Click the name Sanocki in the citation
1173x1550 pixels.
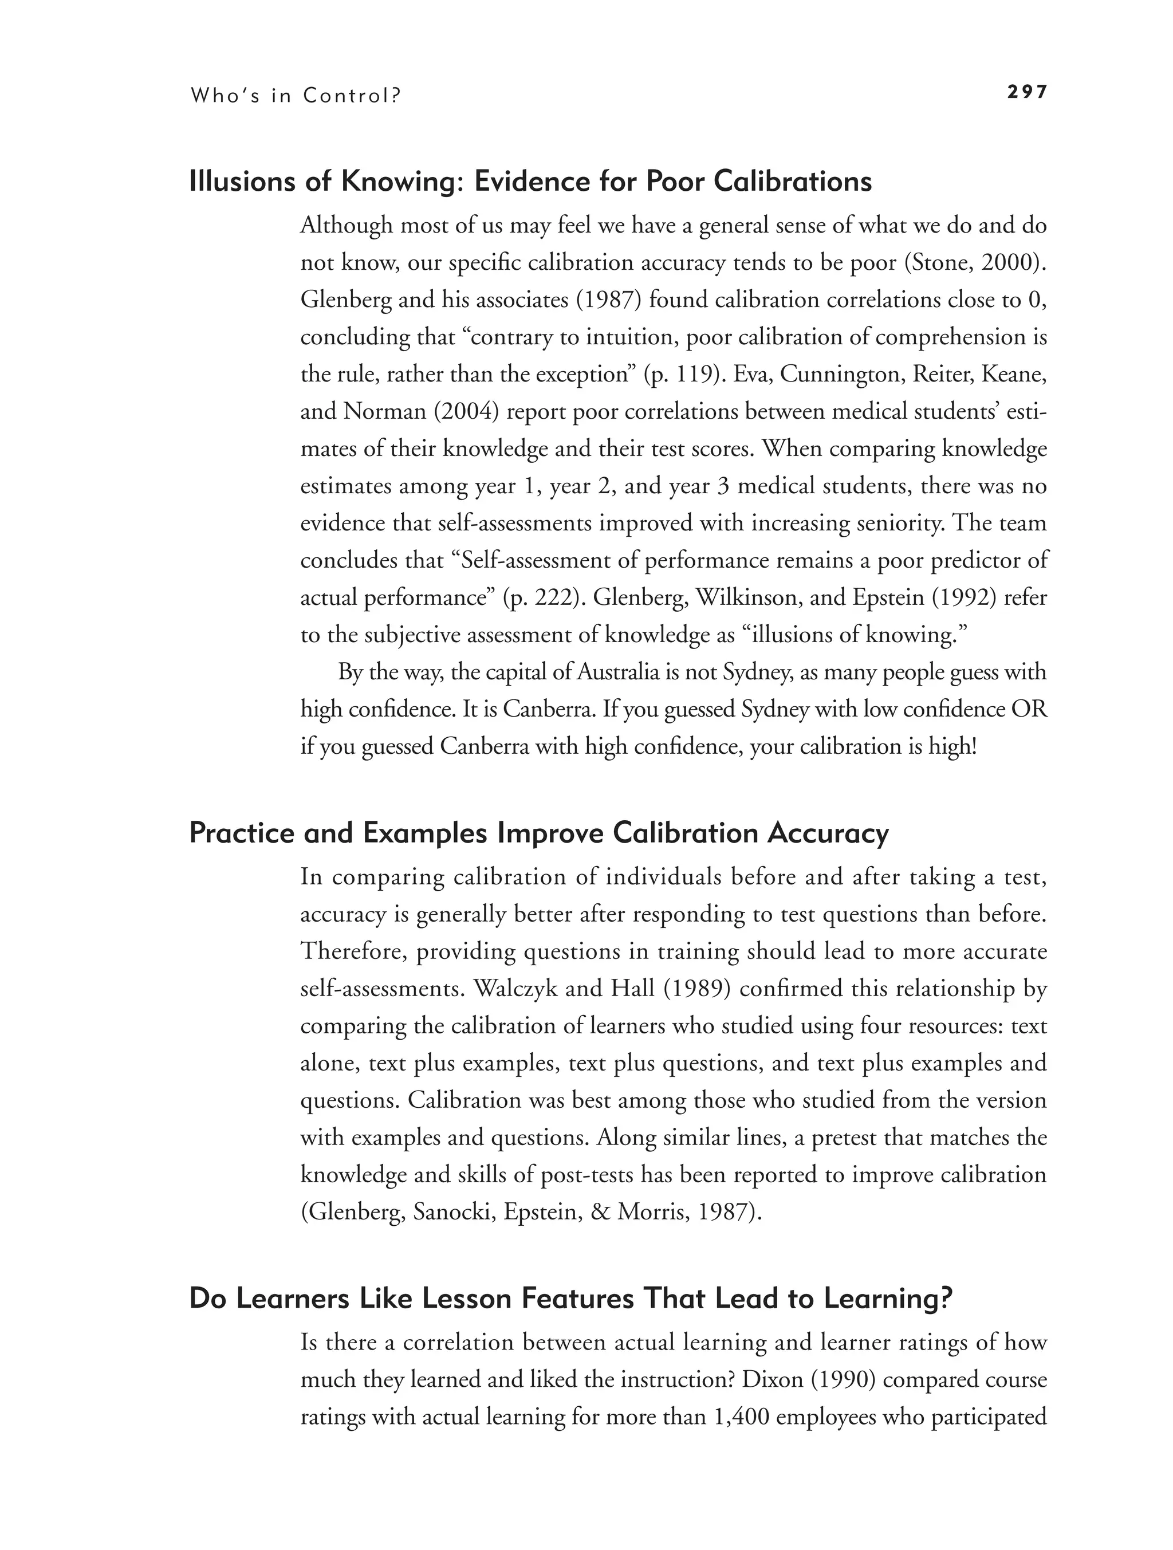tap(455, 1211)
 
